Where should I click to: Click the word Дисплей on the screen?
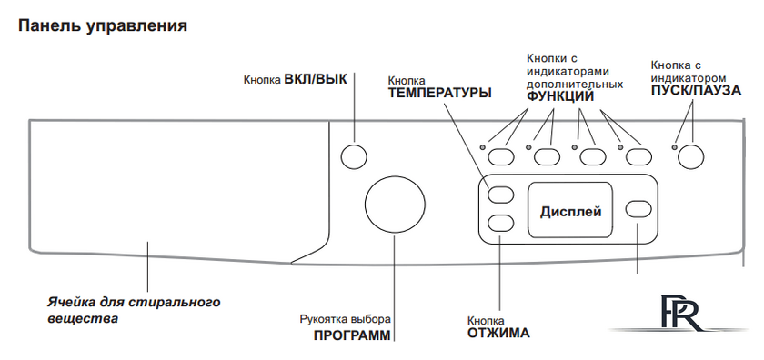coord(571,211)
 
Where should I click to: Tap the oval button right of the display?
coord(639,209)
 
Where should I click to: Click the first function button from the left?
coord(501,155)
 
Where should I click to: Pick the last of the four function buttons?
coord(639,155)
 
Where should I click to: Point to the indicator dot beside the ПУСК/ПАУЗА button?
coord(674,146)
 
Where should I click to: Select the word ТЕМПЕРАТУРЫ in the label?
coord(440,92)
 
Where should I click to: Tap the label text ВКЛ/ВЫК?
coord(316,78)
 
